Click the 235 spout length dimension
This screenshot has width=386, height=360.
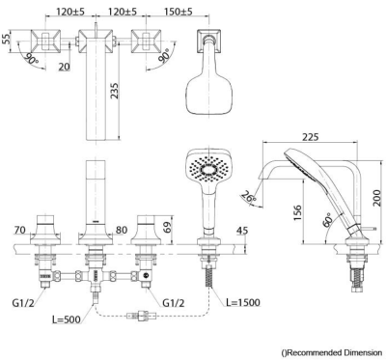coord(115,91)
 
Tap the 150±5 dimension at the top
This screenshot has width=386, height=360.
coord(179,12)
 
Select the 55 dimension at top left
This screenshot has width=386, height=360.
coord(6,40)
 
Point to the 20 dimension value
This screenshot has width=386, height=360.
coord(65,67)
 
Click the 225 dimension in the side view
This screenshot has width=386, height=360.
coord(310,137)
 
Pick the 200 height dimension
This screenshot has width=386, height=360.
coord(378,197)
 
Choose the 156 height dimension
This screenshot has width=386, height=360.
coord(297,213)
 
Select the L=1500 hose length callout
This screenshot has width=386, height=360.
coord(243,302)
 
